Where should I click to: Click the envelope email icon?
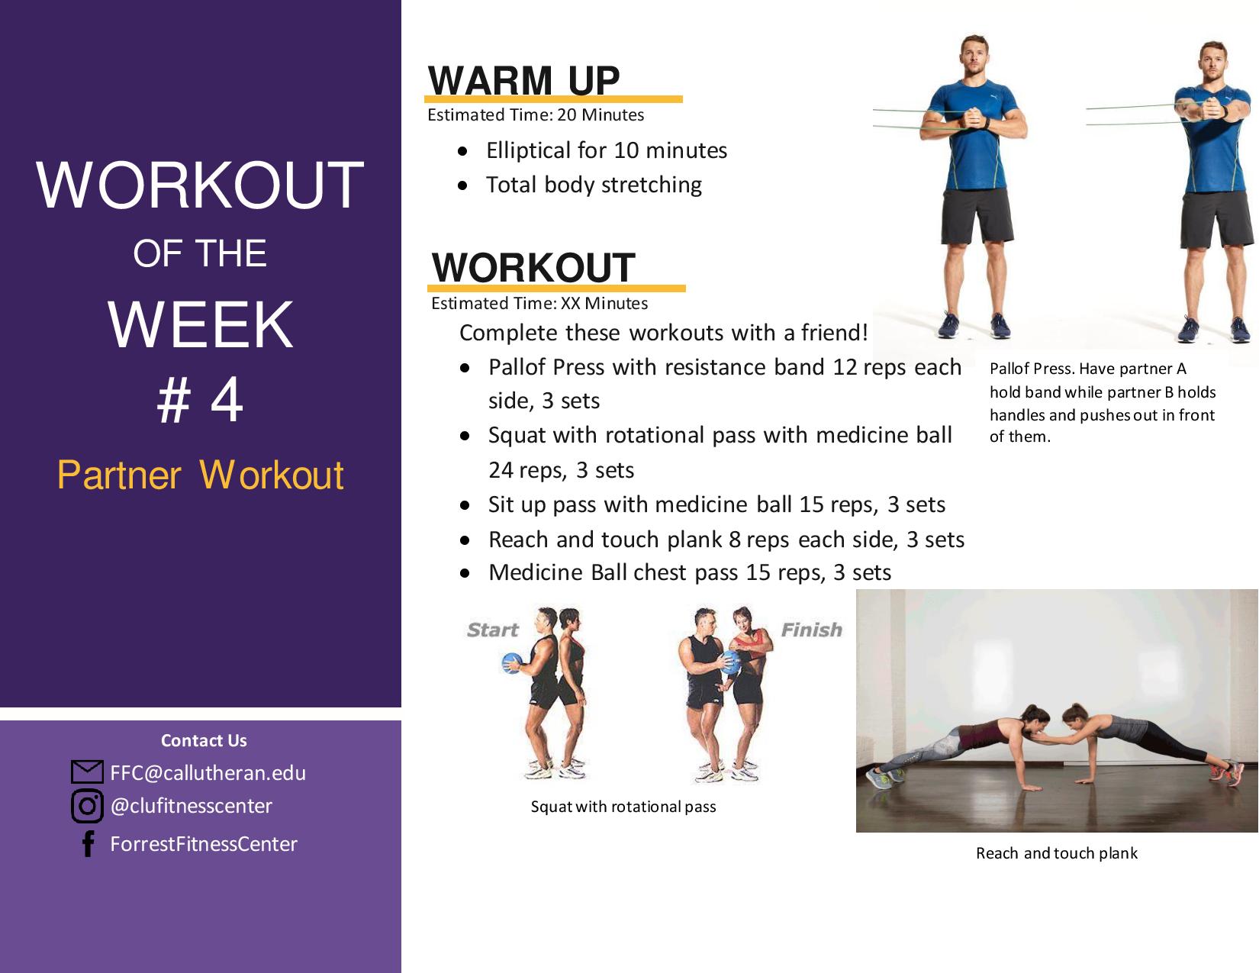[87, 772]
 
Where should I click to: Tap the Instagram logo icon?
[88, 806]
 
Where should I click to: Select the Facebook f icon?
[88, 844]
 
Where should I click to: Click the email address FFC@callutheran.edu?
[208, 772]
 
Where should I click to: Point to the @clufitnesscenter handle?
[192, 806]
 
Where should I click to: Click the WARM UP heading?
[523, 80]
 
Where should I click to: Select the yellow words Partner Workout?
[201, 475]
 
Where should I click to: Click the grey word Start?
[492, 630]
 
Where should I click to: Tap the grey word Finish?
[812, 630]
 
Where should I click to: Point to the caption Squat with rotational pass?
[623, 807]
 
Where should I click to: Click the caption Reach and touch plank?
[1057, 853]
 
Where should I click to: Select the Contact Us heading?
[204, 740]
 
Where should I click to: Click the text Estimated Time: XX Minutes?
[539, 303]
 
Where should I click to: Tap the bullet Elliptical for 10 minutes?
[607, 150]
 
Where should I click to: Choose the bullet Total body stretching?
[594, 185]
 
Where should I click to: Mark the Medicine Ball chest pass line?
[690, 572]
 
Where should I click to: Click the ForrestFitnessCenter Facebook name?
[204, 844]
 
